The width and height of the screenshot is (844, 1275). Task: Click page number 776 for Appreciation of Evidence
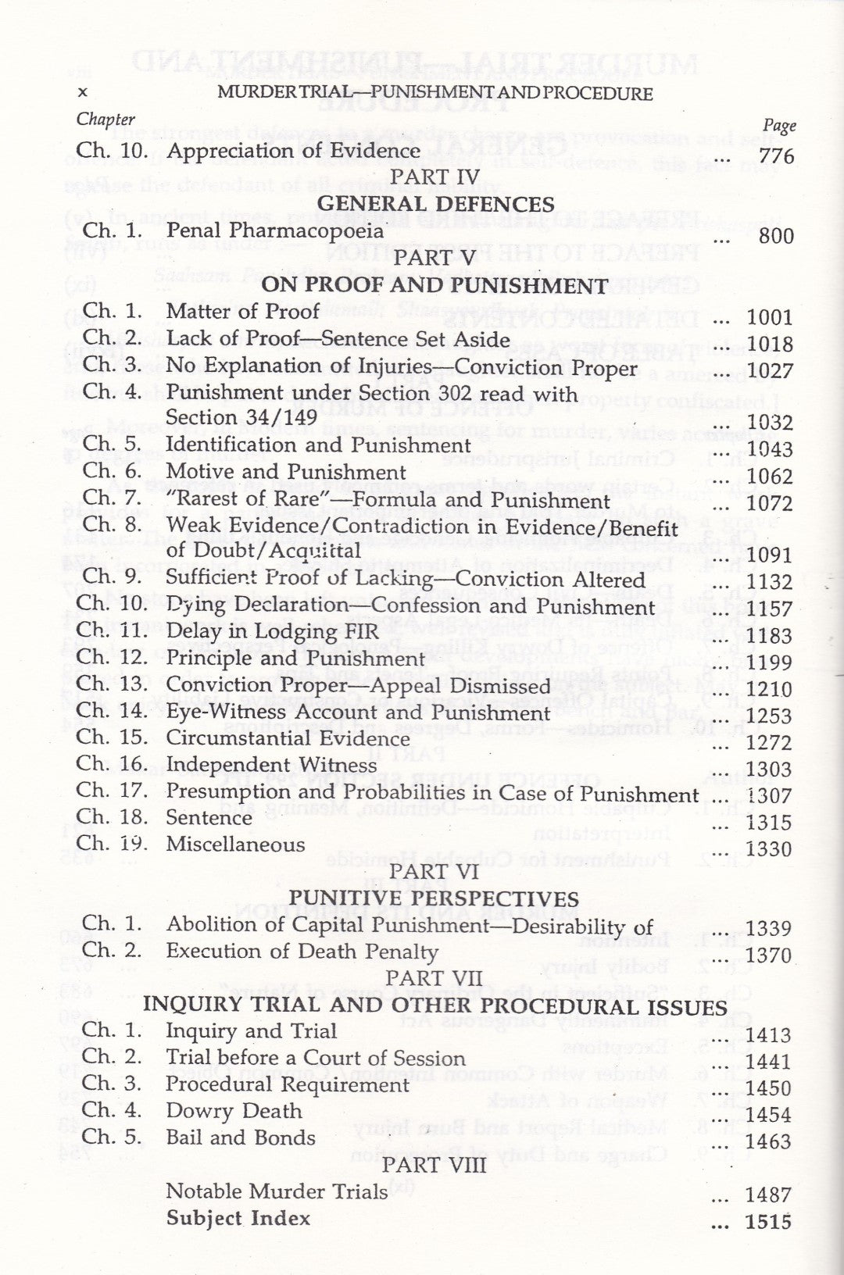776,156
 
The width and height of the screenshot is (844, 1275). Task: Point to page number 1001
770,317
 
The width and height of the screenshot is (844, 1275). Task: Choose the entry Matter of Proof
243,312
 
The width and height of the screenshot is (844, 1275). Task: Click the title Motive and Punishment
286,472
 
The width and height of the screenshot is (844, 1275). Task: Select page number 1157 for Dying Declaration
770,609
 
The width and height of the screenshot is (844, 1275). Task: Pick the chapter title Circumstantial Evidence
288,738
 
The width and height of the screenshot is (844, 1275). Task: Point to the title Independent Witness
271,765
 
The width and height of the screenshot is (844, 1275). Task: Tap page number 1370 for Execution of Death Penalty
770,955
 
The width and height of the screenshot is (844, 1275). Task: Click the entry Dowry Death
234,1111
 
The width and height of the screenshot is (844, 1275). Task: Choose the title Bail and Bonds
241,1137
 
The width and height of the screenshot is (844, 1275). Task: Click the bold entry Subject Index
238,1218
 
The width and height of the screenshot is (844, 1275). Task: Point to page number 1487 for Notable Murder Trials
770,1195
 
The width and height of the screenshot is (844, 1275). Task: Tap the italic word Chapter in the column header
105,120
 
